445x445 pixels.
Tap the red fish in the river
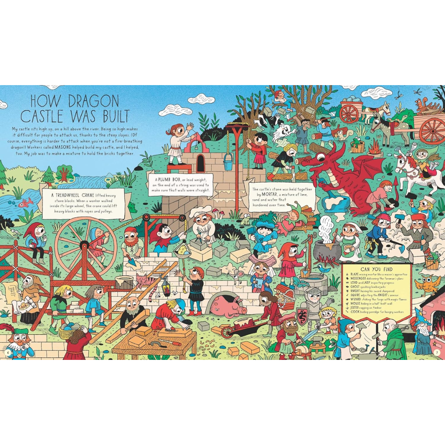pyautogui.click(x=26, y=202)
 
